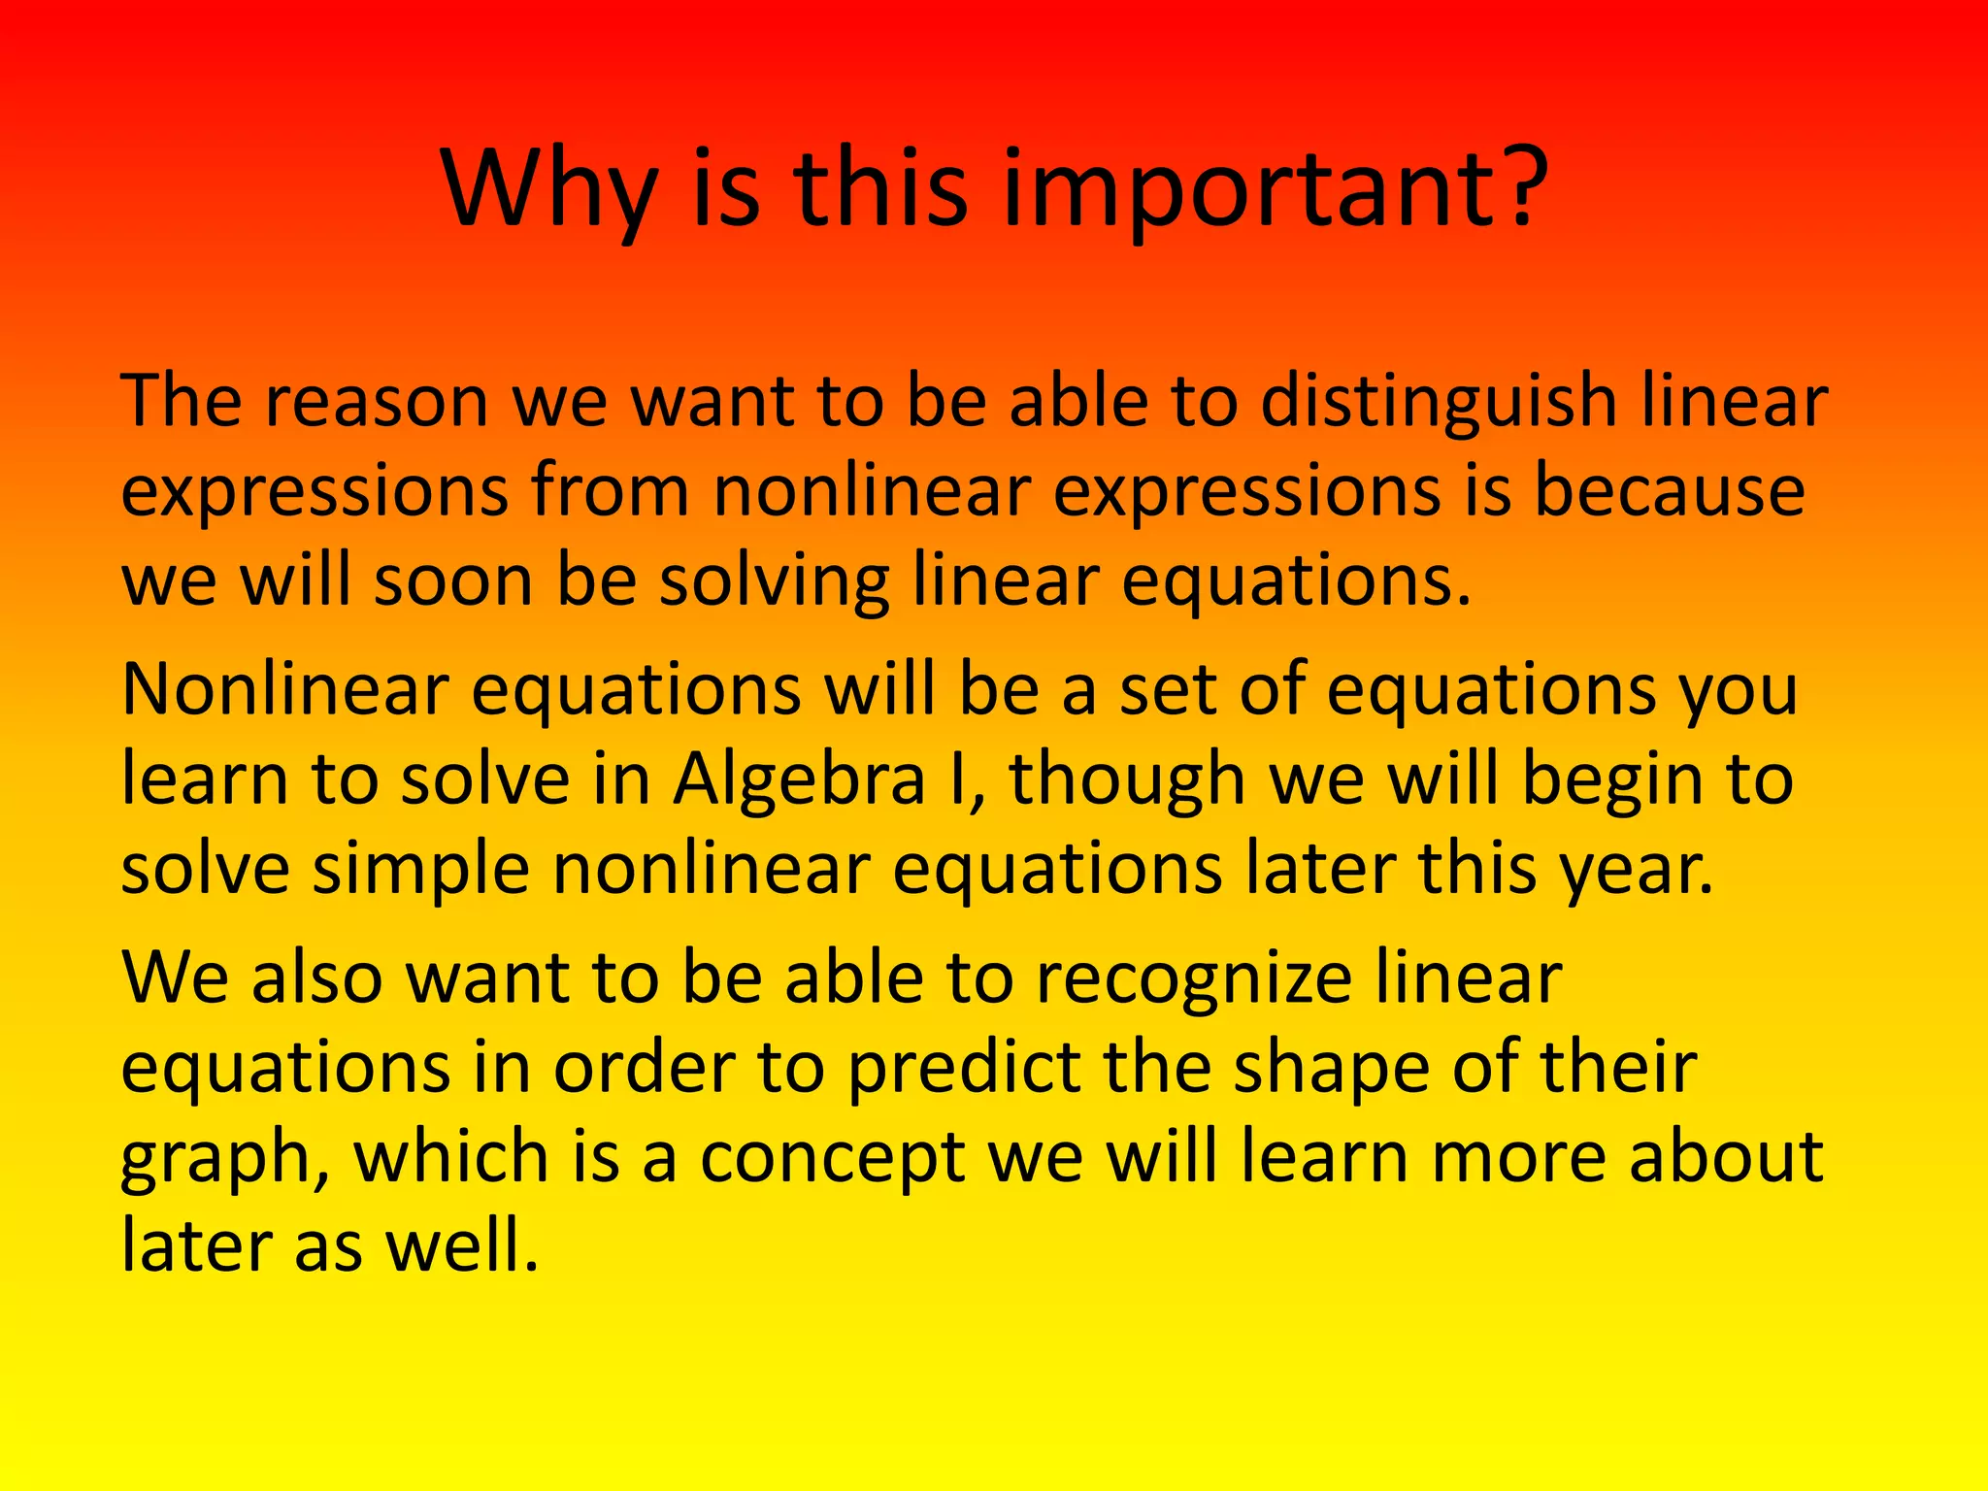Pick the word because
(1669, 491)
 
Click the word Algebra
(799, 779)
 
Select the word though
(1127, 779)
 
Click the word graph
(215, 1157)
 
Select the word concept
(832, 1157)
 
